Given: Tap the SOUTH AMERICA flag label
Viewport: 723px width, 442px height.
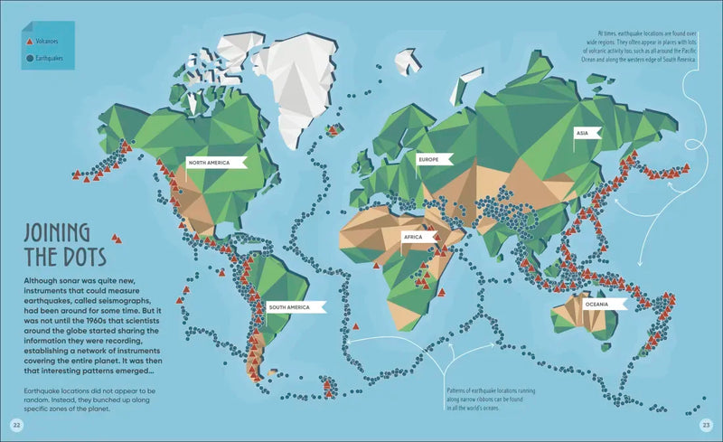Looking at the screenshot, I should point(288,307).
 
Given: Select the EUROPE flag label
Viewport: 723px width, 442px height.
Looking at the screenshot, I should point(427,159).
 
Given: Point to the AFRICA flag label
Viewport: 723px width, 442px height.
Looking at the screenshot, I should point(413,237).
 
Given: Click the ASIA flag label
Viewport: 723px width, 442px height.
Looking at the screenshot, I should point(583,133).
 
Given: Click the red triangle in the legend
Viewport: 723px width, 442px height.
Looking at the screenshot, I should point(29,42).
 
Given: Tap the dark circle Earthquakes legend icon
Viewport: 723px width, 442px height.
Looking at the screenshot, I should point(29,59).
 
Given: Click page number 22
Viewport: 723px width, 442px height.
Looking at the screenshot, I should point(15,424).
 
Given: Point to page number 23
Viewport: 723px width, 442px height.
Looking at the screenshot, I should point(707,424).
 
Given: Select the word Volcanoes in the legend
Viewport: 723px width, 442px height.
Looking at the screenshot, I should point(49,42).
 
